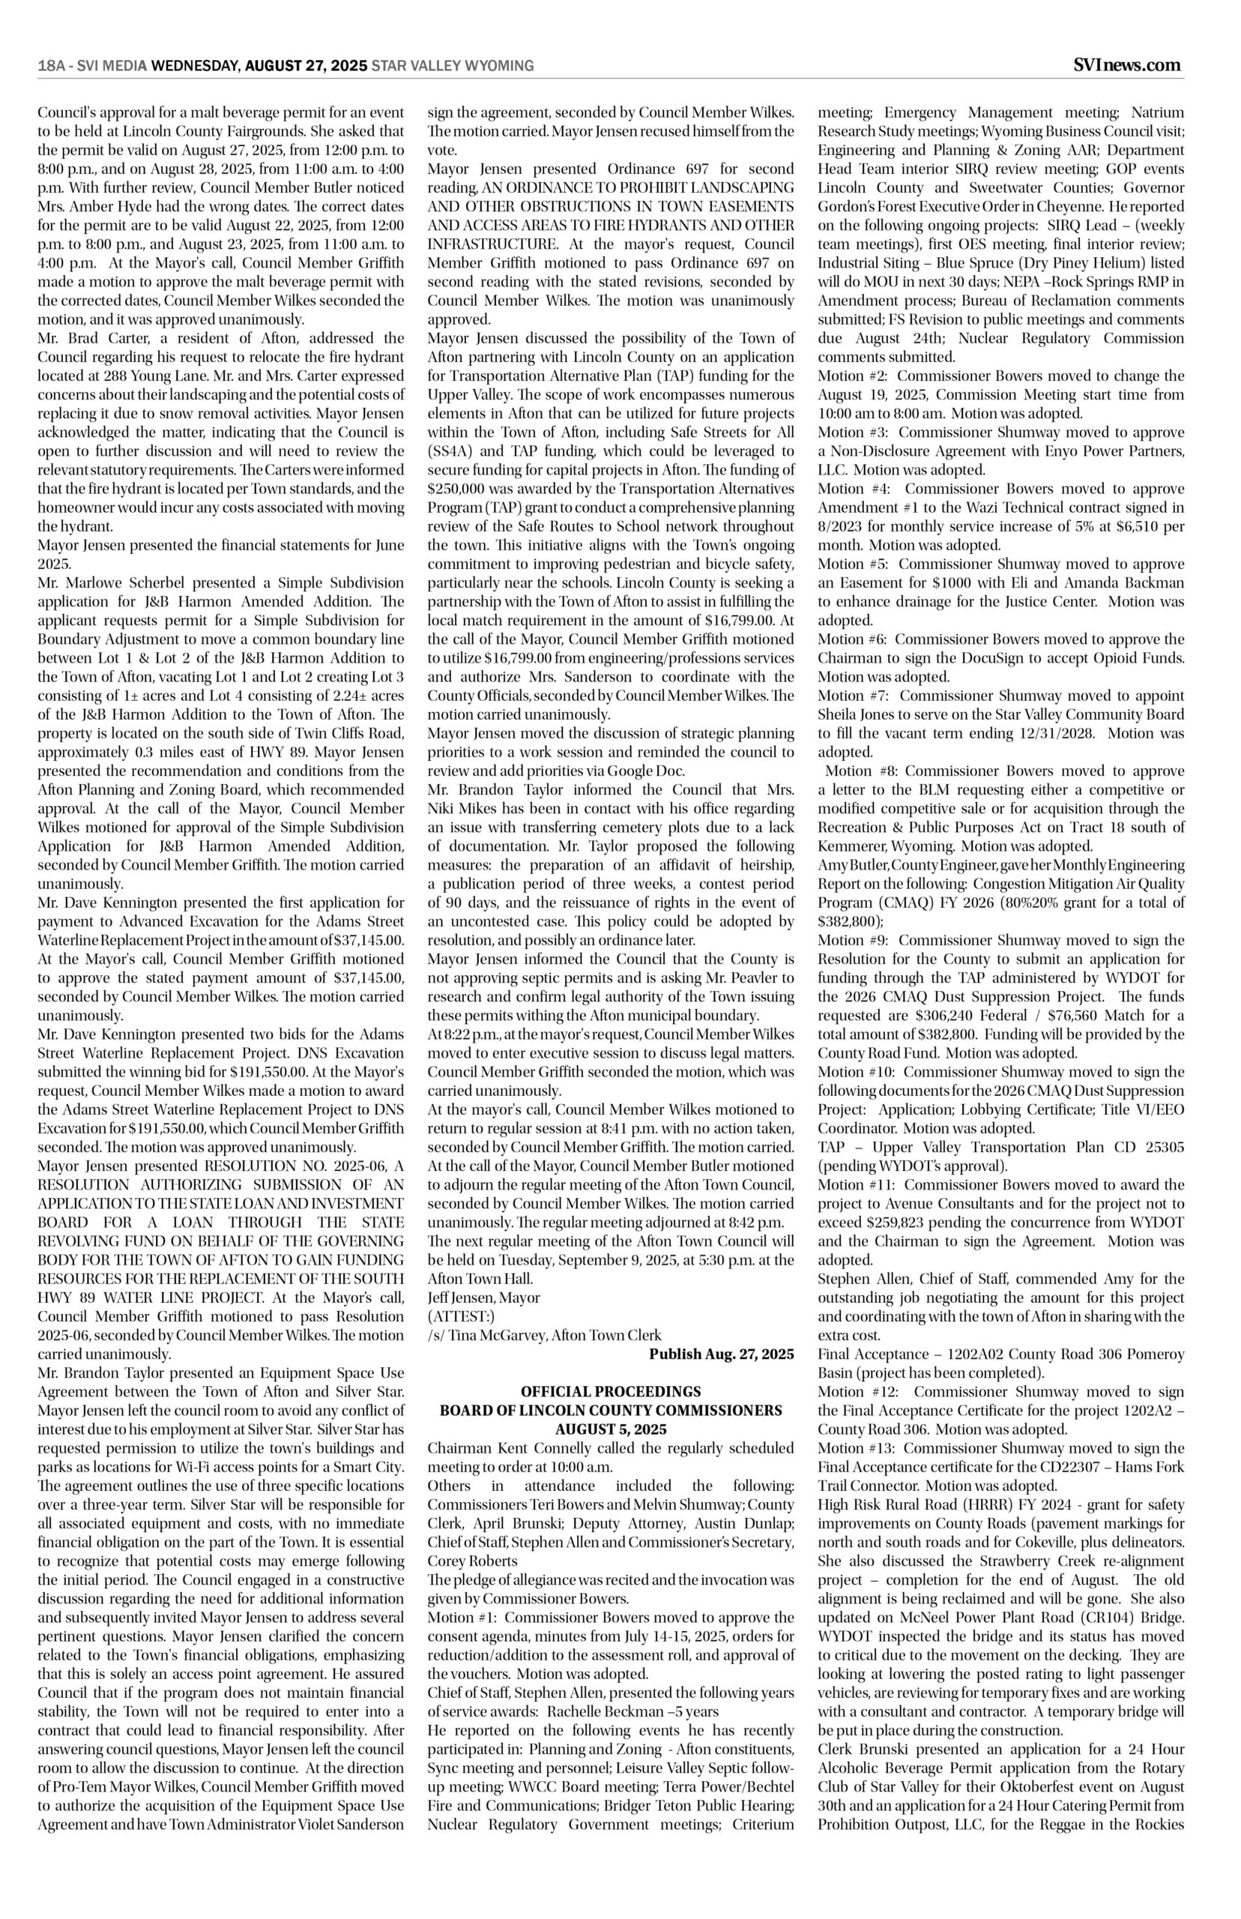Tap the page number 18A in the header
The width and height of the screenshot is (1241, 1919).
pos(51,66)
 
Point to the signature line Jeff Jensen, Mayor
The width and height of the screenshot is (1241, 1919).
pos(483,1298)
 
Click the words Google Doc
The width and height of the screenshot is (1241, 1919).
pos(646,771)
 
